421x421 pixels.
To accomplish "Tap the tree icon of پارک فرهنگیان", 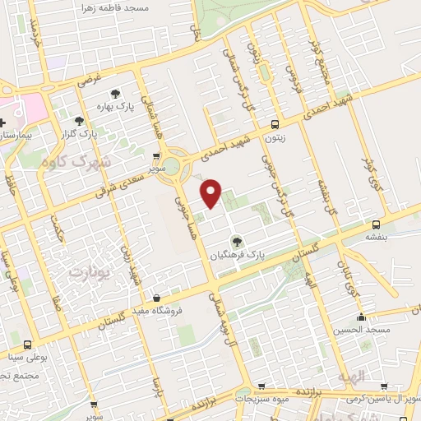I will (237, 242).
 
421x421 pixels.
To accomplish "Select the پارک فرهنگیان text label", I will (237, 256).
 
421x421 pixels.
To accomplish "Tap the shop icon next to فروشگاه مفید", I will (156, 299).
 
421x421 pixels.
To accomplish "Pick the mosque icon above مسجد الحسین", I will (360, 317).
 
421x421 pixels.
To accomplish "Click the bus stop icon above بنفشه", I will (376, 224).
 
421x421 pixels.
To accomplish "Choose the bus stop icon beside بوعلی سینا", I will (29, 345).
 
